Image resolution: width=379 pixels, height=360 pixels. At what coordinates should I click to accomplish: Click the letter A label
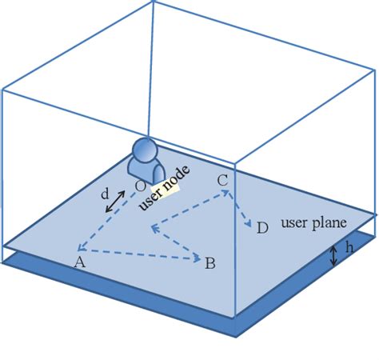[x=78, y=262]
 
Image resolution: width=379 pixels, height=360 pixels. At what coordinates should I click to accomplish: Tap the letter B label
[x=209, y=262]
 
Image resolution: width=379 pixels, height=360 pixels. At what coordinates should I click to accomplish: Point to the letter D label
[x=262, y=229]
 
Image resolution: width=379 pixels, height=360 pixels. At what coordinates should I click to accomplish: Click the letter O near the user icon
[x=140, y=186]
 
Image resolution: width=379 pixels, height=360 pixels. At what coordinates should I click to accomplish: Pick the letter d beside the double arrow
[x=105, y=194]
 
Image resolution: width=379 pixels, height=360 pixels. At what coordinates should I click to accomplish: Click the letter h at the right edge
[x=349, y=248]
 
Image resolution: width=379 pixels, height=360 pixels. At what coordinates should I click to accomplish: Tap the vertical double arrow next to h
[x=335, y=256]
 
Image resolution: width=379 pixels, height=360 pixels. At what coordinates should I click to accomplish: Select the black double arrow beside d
[x=117, y=201]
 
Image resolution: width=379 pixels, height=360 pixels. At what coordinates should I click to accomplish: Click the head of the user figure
[x=145, y=150]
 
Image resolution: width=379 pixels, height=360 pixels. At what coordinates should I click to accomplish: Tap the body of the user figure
[x=146, y=171]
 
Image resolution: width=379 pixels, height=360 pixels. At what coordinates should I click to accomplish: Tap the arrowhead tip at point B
[x=197, y=258]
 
